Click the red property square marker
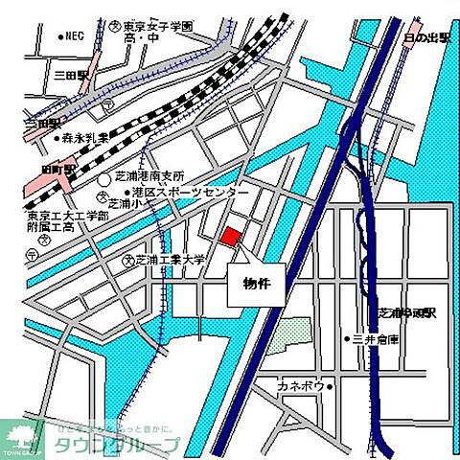[x=232, y=237]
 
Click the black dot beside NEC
[x=59, y=37]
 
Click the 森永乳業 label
[x=88, y=138]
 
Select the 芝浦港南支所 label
[x=150, y=176]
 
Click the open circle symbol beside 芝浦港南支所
[x=104, y=179]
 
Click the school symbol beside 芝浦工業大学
[x=126, y=259]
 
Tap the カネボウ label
[x=299, y=386]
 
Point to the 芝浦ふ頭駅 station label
[x=409, y=312]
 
